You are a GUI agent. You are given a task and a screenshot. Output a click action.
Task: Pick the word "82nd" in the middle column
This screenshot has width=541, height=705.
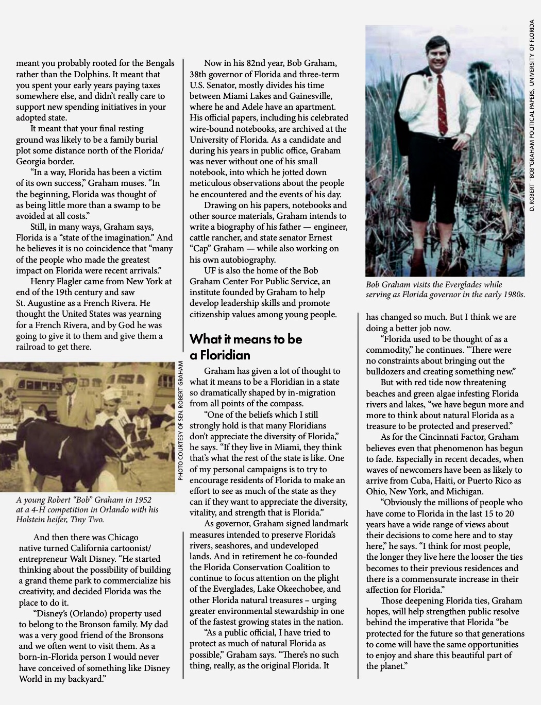(259, 63)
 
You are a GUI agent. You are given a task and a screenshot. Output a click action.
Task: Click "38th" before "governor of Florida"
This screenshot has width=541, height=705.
(199, 74)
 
